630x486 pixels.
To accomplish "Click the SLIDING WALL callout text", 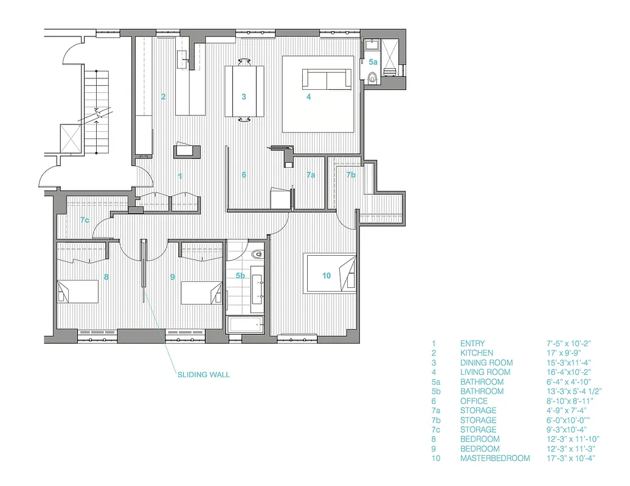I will pyautogui.click(x=203, y=375).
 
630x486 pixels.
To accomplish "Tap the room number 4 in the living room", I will pyautogui.click(x=308, y=97).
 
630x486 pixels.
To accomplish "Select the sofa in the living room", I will pyautogui.click(x=327, y=79).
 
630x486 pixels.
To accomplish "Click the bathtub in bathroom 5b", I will pyautogui.click(x=246, y=325).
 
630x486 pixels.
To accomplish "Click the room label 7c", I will pyautogui.click(x=85, y=220).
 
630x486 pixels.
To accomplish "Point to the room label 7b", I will pyautogui.click(x=351, y=175).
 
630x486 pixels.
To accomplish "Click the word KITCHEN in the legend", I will pyautogui.click(x=476, y=353).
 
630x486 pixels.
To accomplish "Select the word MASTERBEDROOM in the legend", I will pyautogui.click(x=494, y=458).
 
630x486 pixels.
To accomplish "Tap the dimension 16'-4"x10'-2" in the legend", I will pyautogui.click(x=569, y=372).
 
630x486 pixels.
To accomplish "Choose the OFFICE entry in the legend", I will pyautogui.click(x=474, y=401).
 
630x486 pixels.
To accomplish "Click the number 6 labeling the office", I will pyautogui.click(x=244, y=175).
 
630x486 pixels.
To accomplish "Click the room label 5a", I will pyautogui.click(x=373, y=62).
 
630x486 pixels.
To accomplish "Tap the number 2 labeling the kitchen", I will pyautogui.click(x=163, y=97).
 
